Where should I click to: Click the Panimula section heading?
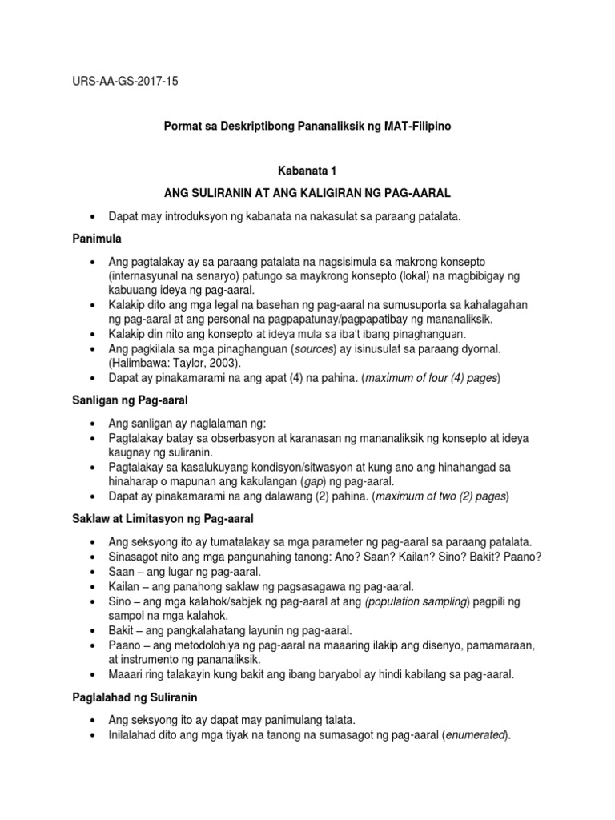pos(98,239)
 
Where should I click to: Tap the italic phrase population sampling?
pos(412,601)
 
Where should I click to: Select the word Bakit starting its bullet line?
pos(122,631)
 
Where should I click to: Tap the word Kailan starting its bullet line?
pos(124,587)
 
